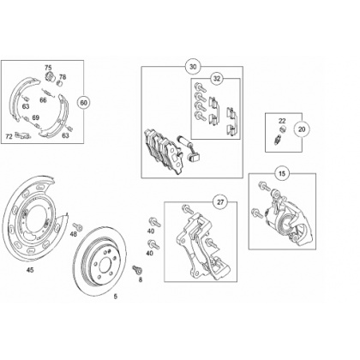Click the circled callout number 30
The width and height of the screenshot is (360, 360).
coord(193,67)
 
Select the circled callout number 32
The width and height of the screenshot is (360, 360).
coord(217,78)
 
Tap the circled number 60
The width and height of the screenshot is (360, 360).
coord(84,103)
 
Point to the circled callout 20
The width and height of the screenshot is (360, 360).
coord(302,129)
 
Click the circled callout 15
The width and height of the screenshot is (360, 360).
coord(282,173)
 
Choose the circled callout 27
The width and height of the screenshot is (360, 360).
coord(220,202)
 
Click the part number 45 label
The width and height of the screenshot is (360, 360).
coord(30,270)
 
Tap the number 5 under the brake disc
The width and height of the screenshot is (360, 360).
coord(116,297)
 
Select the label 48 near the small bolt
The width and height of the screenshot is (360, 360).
coord(74,234)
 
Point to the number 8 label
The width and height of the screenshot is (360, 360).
coord(141,280)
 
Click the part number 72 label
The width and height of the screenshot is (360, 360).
coord(9,136)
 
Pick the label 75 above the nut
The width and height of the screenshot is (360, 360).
coord(48,68)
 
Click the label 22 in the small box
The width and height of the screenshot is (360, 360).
coord(282,121)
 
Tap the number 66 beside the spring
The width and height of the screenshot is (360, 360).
coord(43,100)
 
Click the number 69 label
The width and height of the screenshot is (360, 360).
coord(35,117)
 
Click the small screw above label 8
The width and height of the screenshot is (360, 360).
coord(136,269)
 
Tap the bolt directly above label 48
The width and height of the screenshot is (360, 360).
coord(78,226)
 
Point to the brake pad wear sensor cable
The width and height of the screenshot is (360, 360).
coord(187,146)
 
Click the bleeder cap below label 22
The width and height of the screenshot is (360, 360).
coord(283,129)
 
